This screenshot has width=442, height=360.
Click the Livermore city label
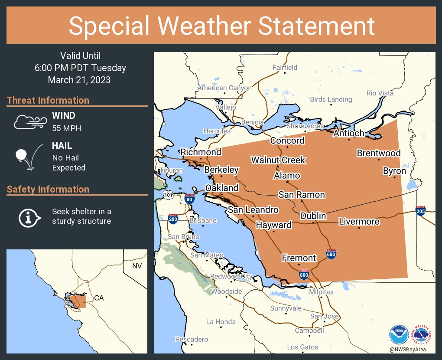coord(359,222)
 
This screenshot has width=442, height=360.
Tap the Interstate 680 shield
coord(331,255)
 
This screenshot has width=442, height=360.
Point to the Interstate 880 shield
coord(304,275)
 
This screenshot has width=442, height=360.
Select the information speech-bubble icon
coord(29,216)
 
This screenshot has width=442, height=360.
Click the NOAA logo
coord(399,334)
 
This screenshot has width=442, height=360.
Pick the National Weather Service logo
coord(422,334)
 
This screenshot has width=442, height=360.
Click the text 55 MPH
coord(67,128)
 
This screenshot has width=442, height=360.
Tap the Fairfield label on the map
coord(285,67)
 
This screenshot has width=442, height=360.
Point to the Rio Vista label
coord(380,93)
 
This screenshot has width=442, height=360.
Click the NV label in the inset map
coord(136,265)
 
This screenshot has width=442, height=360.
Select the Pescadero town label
coord(192,339)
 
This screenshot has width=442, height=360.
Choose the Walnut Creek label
coord(278,160)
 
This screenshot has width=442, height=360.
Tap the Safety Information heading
coord(48,189)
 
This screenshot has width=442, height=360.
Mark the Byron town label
coord(394,171)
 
